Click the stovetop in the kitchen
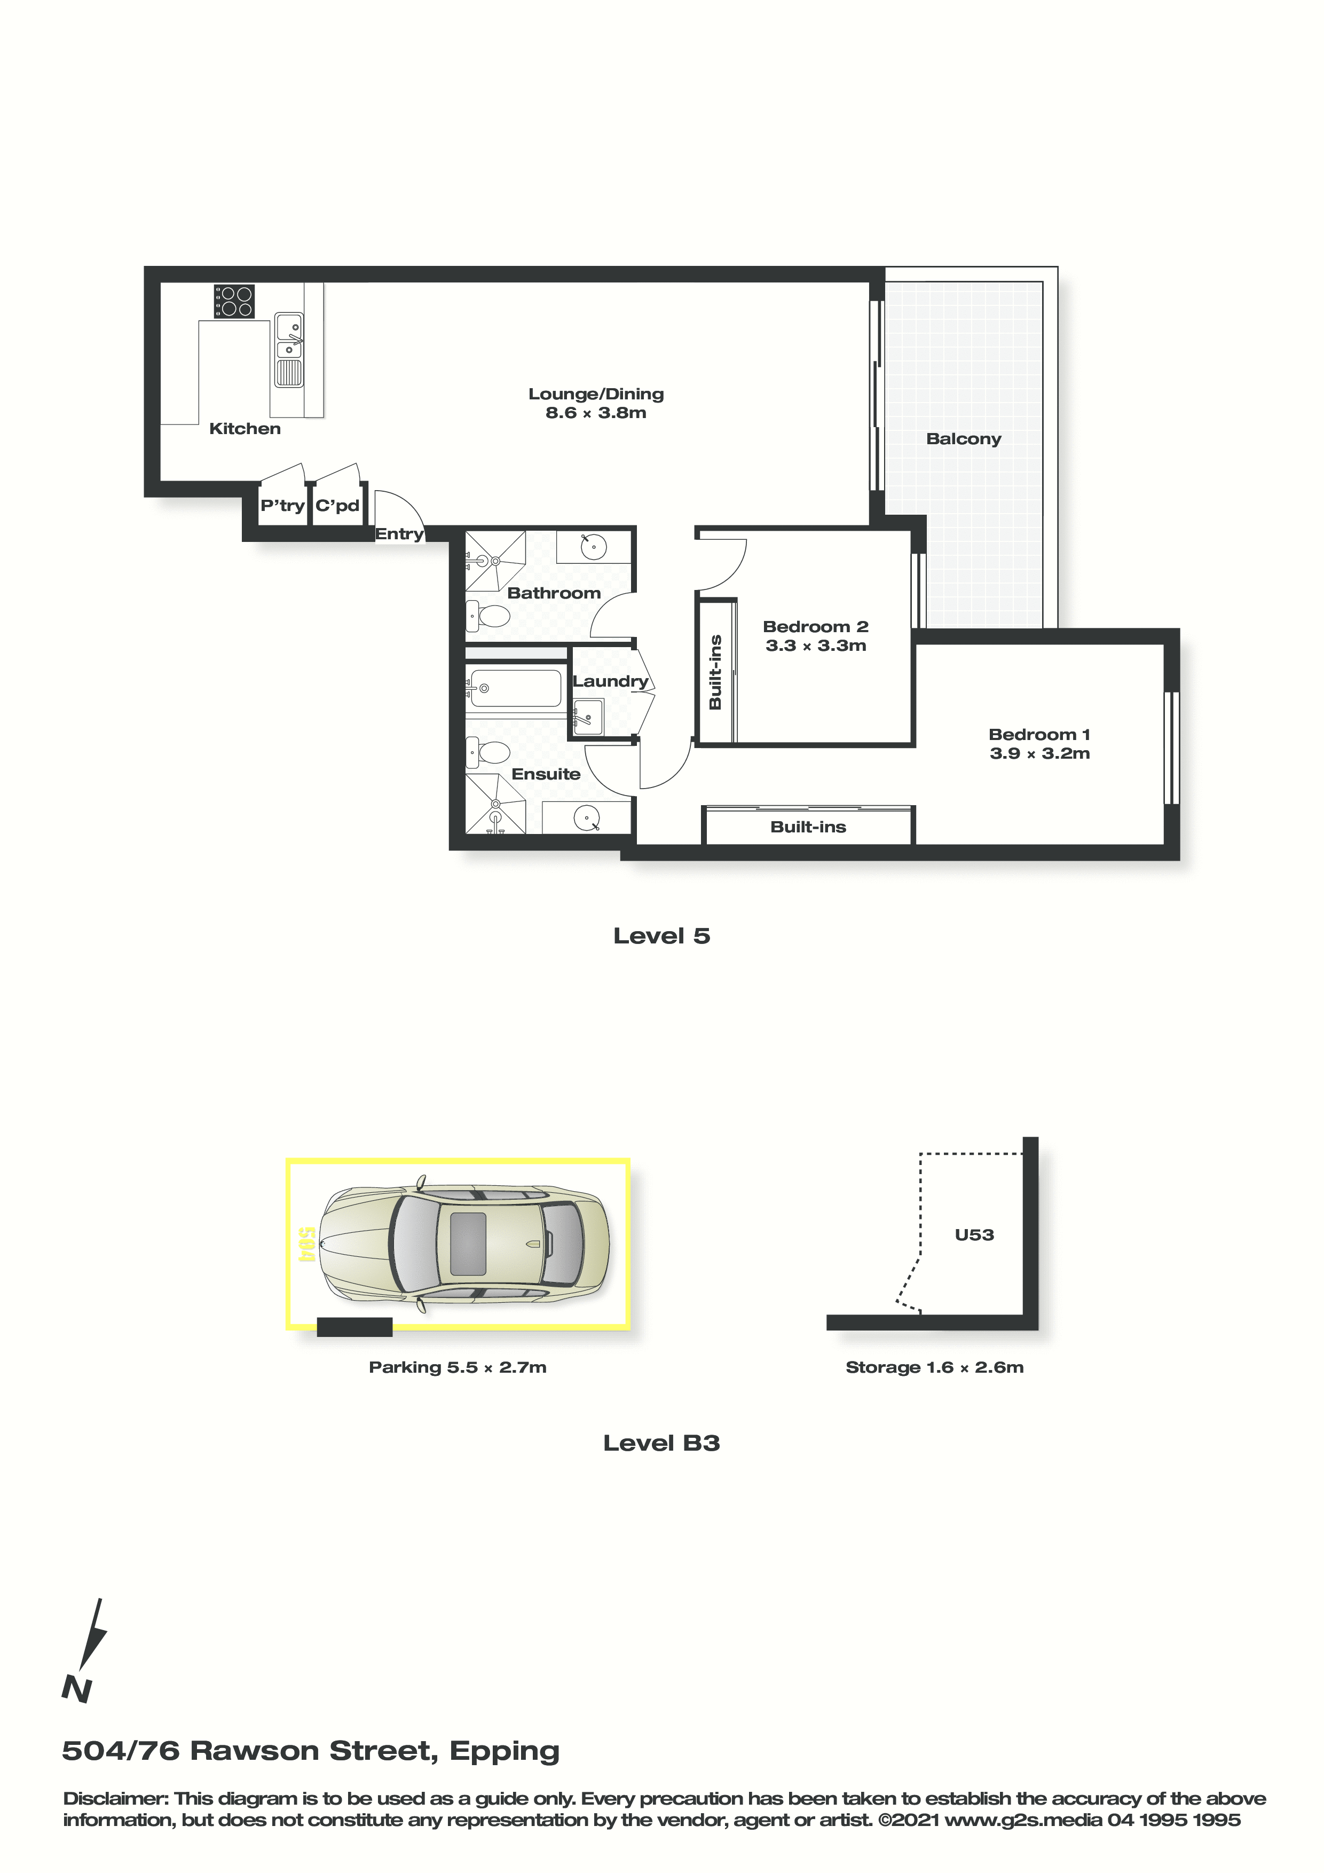pyautogui.click(x=234, y=301)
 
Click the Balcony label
pyautogui.click(x=964, y=439)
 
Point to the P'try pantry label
pyautogui.click(x=282, y=506)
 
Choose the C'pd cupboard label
pyautogui.click(x=338, y=506)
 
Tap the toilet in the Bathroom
pyautogui.click(x=486, y=617)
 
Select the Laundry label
pyautogui.click(x=610, y=681)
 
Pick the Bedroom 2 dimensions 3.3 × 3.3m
pyautogui.click(x=816, y=646)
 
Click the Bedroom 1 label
pyautogui.click(x=1039, y=735)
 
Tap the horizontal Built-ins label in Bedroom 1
pyautogui.click(x=808, y=827)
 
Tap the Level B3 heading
pyautogui.click(x=661, y=1443)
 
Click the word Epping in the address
pyautogui.click(x=505, y=1751)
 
